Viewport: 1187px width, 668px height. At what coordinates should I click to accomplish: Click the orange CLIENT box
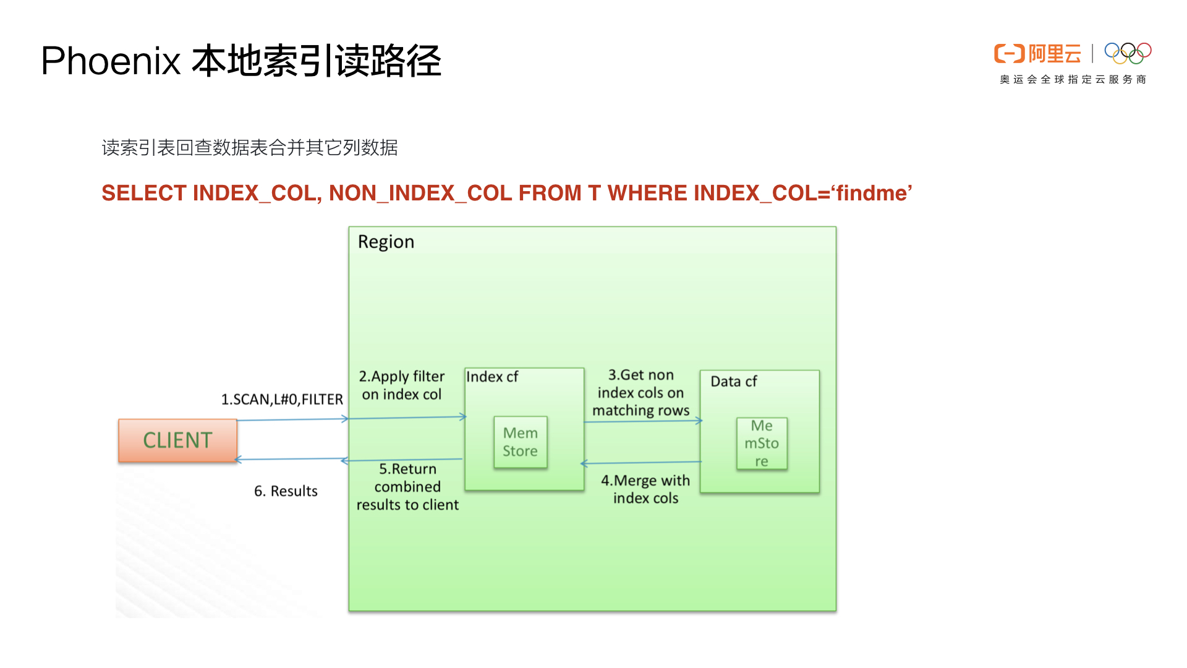pyautogui.click(x=177, y=440)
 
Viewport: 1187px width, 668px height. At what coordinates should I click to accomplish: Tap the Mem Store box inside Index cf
pyautogui.click(x=520, y=442)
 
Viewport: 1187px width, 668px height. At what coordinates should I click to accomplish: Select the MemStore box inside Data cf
pyautogui.click(x=762, y=443)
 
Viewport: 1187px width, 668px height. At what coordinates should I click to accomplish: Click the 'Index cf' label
pyautogui.click(x=492, y=377)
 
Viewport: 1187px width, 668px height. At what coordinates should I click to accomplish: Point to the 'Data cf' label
pyautogui.click(x=733, y=382)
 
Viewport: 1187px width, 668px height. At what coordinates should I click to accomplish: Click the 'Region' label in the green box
pyautogui.click(x=386, y=242)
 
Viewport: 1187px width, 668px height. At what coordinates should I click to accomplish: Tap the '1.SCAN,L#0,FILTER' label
pyautogui.click(x=282, y=400)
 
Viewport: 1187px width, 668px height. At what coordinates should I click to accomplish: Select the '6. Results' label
pyautogui.click(x=286, y=491)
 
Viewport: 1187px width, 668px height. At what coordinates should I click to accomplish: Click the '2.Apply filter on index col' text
pyautogui.click(x=402, y=385)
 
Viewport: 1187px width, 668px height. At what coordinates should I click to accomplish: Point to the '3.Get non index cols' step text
pyautogui.click(x=640, y=392)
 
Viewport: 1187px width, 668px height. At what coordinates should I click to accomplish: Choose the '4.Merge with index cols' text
pyautogui.click(x=645, y=489)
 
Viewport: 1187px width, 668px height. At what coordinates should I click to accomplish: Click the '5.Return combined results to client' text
pyautogui.click(x=407, y=487)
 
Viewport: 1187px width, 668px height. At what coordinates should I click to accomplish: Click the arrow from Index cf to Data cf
pyautogui.click(x=643, y=421)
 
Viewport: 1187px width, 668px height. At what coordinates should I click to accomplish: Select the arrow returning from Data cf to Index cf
pyautogui.click(x=642, y=463)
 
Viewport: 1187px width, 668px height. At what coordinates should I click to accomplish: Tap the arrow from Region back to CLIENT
pyautogui.click(x=291, y=459)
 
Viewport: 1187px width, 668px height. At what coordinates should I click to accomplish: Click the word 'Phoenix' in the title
pyautogui.click(x=111, y=61)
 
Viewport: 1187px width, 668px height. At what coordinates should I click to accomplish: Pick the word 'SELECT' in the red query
pyautogui.click(x=144, y=193)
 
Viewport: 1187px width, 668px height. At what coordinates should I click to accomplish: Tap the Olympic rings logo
pyautogui.click(x=1128, y=53)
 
